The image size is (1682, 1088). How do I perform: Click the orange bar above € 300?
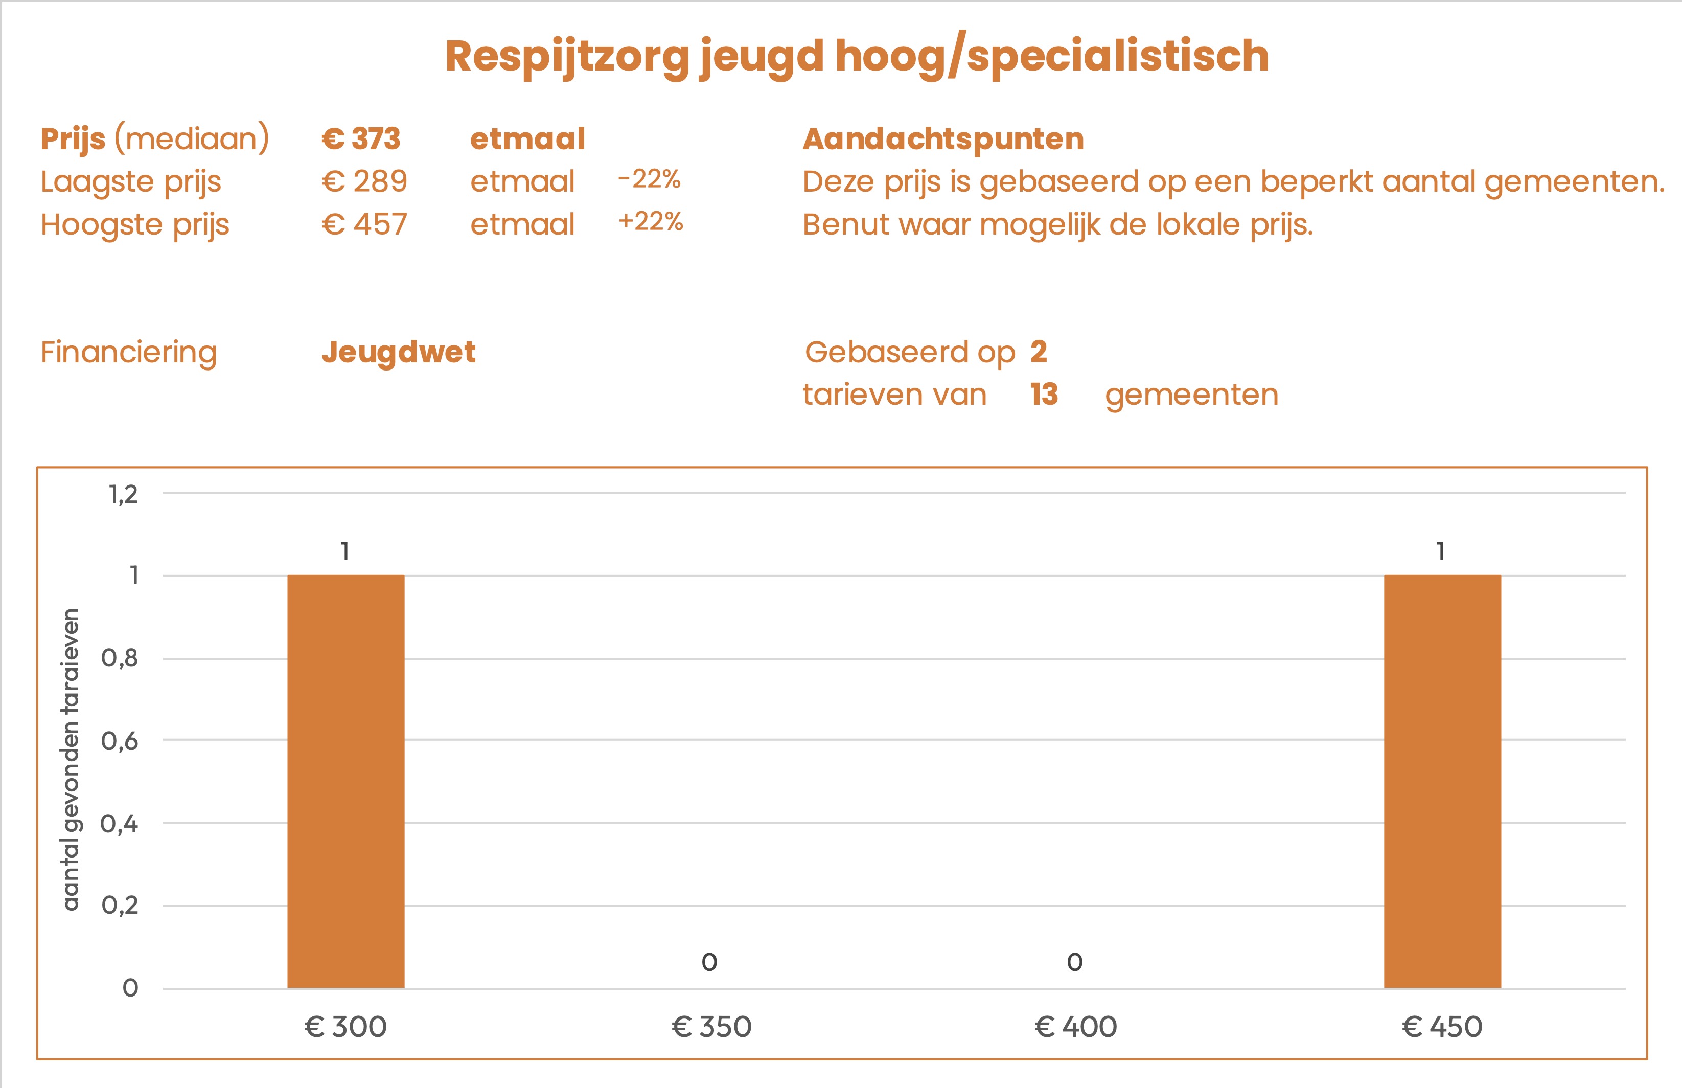point(345,781)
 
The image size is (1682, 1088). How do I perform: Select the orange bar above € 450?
point(1442,781)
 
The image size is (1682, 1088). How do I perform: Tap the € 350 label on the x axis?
point(710,1027)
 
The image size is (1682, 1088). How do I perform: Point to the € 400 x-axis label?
point(1075,1027)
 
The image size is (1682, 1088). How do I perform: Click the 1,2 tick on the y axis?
point(123,495)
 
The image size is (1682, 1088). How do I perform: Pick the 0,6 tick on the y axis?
point(120,741)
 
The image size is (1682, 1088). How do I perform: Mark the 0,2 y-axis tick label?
point(120,905)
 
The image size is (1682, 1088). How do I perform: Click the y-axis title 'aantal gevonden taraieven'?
point(71,759)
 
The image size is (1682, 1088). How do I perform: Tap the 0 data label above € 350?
point(709,962)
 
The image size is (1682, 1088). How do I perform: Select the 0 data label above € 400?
point(1074,962)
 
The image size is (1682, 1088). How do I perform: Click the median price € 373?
point(361,138)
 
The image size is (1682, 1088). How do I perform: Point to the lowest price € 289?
point(364,181)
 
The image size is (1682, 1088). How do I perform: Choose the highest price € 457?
point(364,225)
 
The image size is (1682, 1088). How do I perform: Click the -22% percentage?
point(649,179)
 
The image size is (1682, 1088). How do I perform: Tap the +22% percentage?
point(651,222)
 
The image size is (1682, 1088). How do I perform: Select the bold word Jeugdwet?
point(399,352)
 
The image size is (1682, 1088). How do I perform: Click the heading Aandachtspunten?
point(943,138)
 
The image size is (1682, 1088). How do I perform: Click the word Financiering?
point(129,352)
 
